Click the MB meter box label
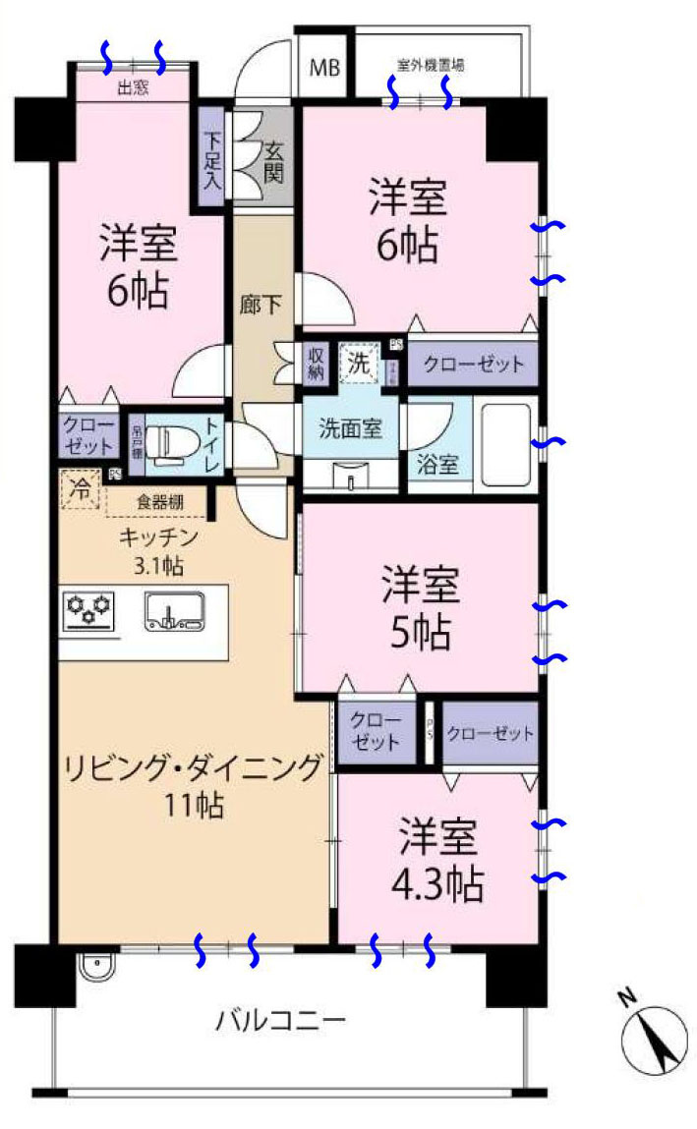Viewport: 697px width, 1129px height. (323, 69)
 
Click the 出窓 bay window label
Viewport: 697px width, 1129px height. (133, 87)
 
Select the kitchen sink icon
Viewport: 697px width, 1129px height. (174, 611)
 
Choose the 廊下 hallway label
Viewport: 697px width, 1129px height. (261, 305)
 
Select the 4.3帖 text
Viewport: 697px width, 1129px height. (438, 885)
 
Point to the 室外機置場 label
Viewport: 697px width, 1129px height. (431, 66)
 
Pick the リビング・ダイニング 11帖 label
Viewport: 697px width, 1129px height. (194, 785)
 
